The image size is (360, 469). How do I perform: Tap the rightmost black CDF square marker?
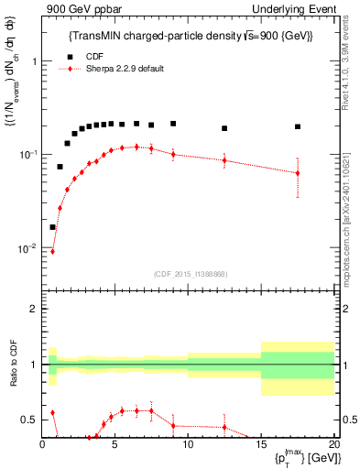pos(298,126)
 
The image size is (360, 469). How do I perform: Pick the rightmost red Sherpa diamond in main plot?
pos(298,173)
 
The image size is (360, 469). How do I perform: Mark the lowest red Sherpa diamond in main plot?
pos(52,251)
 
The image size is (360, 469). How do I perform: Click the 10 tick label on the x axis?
pos(188,446)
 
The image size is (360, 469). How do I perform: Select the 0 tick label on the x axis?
pos(42,446)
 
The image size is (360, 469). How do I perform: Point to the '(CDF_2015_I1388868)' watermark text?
pos(189,273)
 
